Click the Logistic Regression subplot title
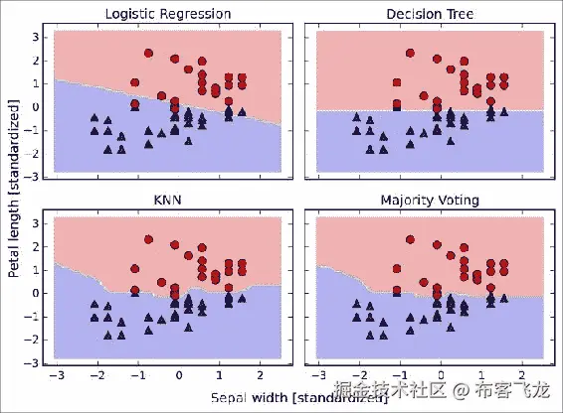pos(167,14)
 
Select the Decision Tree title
pos(430,14)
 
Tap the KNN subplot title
pos(166,201)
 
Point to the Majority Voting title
pos(430,201)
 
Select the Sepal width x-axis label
pos(298,399)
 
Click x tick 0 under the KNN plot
pos(178,377)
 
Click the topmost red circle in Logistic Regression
pos(148,54)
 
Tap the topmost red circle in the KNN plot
pos(148,240)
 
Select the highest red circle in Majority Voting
pos(410,240)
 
